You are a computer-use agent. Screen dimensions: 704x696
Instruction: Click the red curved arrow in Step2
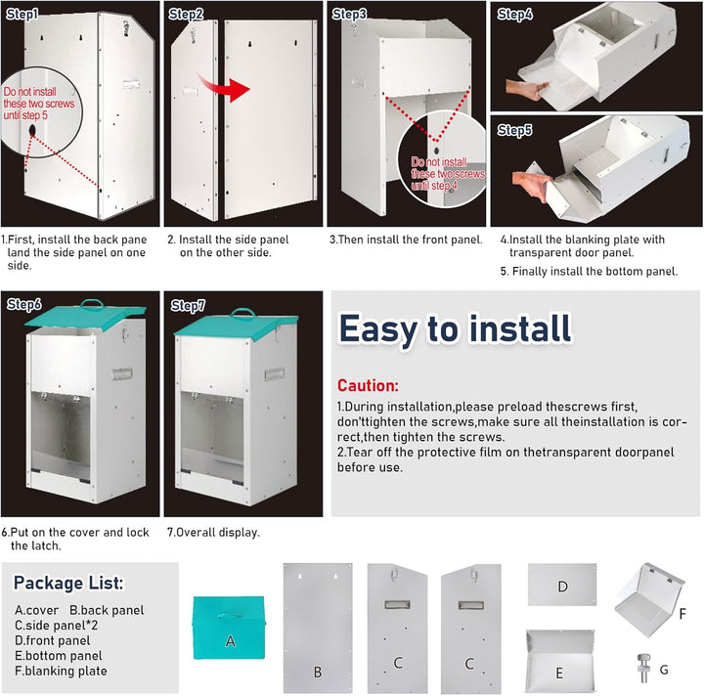click(225, 88)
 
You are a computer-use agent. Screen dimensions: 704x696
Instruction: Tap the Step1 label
click(22, 15)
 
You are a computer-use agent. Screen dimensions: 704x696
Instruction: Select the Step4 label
click(515, 15)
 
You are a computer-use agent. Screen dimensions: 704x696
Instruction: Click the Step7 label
click(188, 306)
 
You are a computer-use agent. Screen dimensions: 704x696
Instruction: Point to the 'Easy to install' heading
click(455, 328)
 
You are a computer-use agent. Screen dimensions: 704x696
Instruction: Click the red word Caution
click(368, 385)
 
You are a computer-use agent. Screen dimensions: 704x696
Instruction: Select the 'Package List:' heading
click(68, 583)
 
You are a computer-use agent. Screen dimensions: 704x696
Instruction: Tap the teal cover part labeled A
click(229, 628)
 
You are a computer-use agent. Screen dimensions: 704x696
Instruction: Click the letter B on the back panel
click(318, 672)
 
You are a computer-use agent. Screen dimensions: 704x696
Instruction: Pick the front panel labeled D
click(562, 585)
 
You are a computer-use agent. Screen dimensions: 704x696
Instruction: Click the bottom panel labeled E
click(560, 661)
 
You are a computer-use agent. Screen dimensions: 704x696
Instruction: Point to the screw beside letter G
click(643, 669)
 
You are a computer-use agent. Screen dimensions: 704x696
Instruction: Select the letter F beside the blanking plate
click(682, 614)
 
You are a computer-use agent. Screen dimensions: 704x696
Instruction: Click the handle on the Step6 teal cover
click(92, 304)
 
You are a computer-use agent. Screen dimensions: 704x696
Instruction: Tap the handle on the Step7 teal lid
click(242, 313)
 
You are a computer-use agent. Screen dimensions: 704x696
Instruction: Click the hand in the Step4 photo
click(527, 89)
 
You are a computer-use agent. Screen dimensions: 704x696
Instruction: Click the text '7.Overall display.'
click(213, 533)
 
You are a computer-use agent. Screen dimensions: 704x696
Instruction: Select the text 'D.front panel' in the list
click(52, 640)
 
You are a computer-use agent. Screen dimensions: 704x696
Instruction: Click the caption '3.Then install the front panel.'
click(406, 239)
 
